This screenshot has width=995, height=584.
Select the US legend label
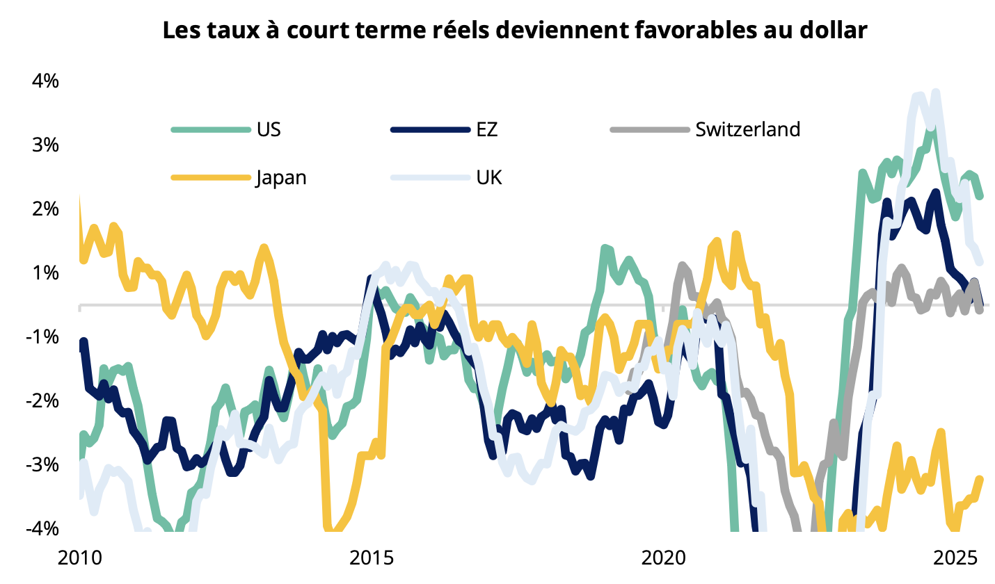(269, 129)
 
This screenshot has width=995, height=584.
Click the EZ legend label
(487, 129)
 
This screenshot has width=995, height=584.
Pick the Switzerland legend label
(748, 129)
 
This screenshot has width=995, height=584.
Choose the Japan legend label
(281, 177)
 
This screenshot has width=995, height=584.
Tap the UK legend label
(489, 177)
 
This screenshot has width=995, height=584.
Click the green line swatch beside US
(210, 129)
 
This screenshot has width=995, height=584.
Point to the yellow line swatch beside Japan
(210, 177)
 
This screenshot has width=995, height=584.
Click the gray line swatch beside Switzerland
(648, 129)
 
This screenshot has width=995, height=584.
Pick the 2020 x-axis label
(662, 558)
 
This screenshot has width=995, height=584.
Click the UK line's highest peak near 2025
(936, 92)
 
